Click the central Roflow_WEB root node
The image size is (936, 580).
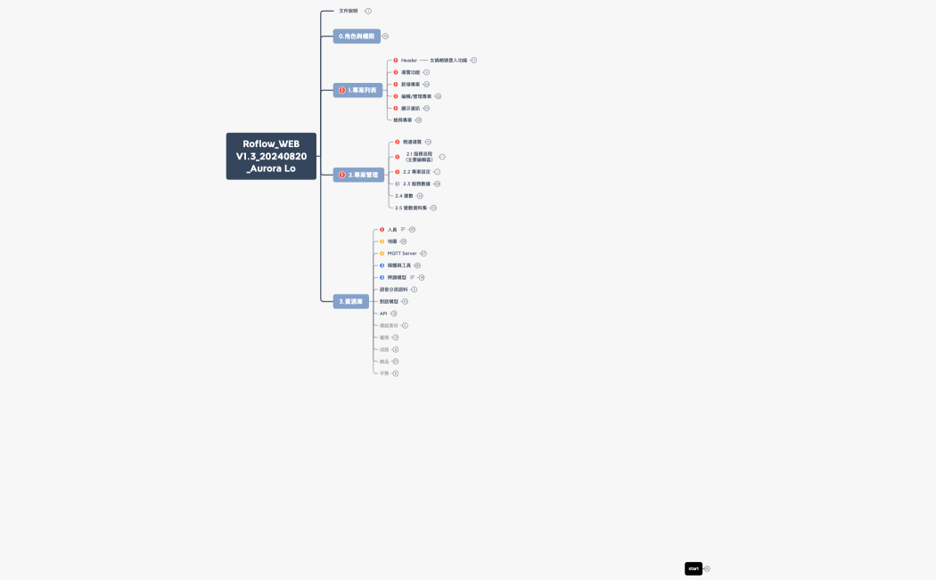[271, 156]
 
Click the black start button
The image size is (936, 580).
[694, 568]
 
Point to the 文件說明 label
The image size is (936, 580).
[349, 11]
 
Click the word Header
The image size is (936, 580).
[409, 61]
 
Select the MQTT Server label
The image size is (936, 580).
[402, 254]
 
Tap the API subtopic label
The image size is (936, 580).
[383, 314]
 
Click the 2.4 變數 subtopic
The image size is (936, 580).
[405, 196]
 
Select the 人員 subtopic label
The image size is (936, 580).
[392, 230]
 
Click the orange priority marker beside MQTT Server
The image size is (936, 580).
[382, 254]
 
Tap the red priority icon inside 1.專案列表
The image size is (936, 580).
[342, 90]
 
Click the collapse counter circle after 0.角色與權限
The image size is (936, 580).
[385, 37]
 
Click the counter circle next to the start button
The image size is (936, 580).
[707, 568]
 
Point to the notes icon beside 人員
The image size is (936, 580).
[403, 230]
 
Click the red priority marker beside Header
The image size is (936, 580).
[396, 61]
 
